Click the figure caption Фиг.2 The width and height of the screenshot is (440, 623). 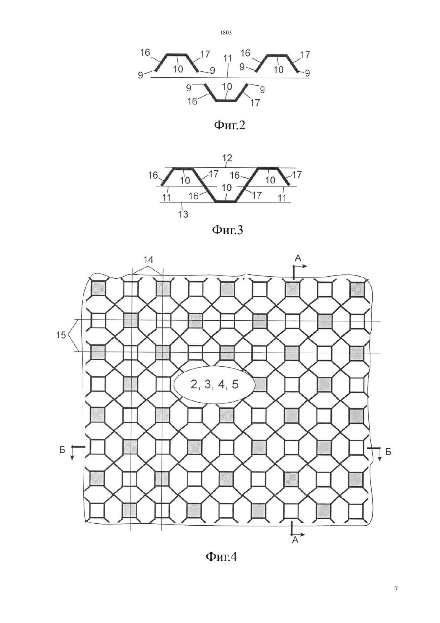pyautogui.click(x=230, y=126)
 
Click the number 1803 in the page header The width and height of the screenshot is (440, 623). pyautogui.click(x=226, y=32)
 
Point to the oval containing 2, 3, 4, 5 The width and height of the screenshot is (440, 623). pyautogui.click(x=214, y=385)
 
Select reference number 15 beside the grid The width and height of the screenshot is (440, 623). pyautogui.click(x=61, y=335)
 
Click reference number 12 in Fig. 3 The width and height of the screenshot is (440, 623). pyautogui.click(x=227, y=158)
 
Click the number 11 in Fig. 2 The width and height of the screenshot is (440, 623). pyautogui.click(x=228, y=58)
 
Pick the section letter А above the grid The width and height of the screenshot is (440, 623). pyautogui.click(x=298, y=258)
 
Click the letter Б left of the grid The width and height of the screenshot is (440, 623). pyautogui.click(x=62, y=450)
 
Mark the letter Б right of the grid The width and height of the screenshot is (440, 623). pyautogui.click(x=388, y=452)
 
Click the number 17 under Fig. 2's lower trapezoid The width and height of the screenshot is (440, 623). pyautogui.click(x=255, y=103)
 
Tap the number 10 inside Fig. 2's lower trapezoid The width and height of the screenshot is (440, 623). pyautogui.click(x=227, y=86)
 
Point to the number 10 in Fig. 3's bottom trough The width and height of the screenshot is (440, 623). pyautogui.click(x=227, y=188)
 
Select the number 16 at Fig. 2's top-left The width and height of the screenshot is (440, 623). pyautogui.click(x=145, y=52)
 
